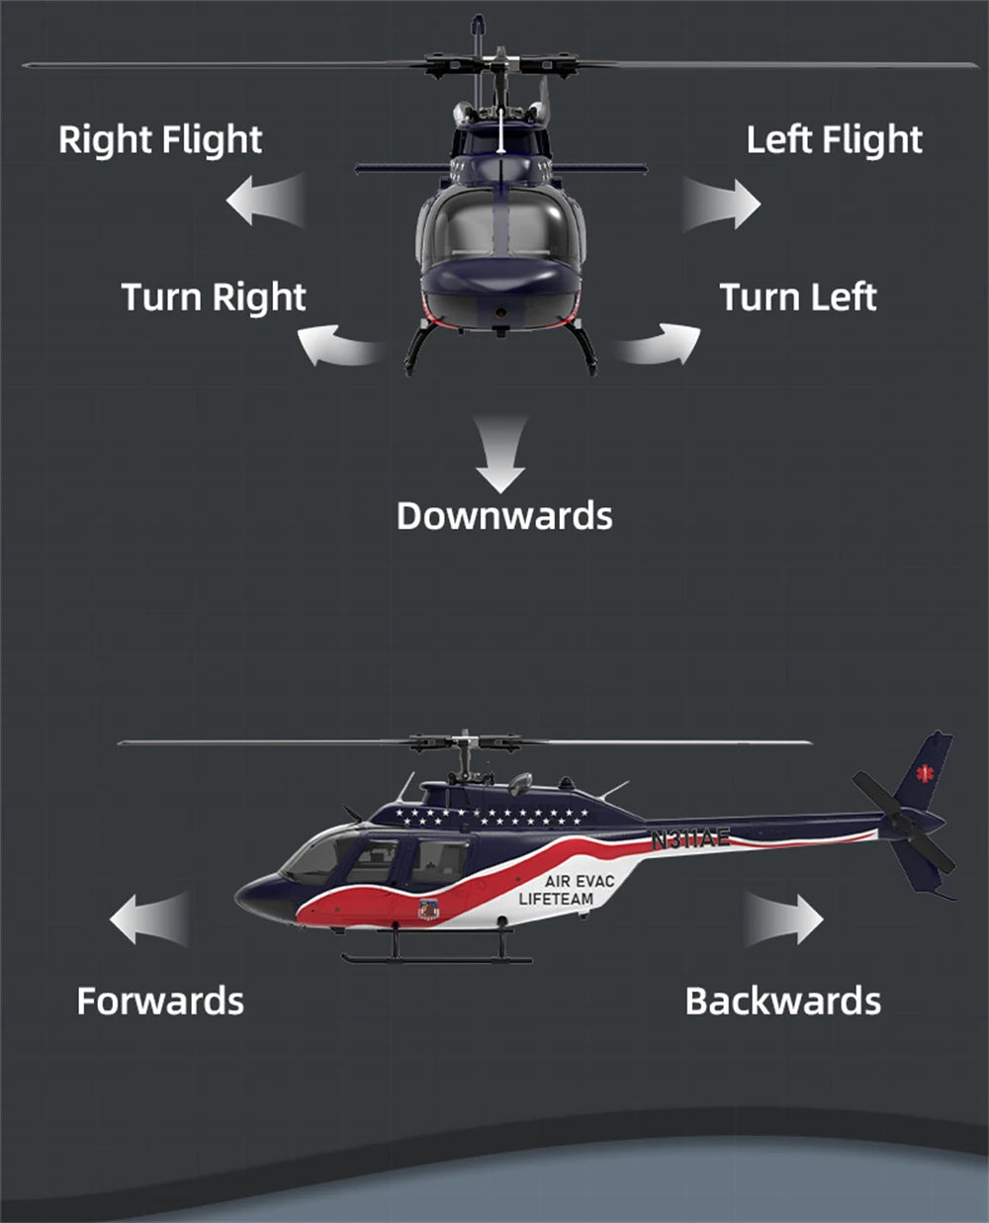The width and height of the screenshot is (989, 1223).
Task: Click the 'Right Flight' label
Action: coord(160,139)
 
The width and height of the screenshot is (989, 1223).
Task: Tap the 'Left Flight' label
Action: coord(834,139)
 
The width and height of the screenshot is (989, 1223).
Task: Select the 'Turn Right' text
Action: coord(214,297)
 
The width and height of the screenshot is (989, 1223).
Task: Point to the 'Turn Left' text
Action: coord(797,297)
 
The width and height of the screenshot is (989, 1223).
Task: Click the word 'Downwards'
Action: coord(504,515)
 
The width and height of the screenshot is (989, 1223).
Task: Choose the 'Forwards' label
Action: coord(160,1001)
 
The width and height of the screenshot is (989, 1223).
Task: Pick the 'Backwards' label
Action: coord(782,1001)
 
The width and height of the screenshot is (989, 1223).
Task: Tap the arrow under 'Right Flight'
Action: coord(265,201)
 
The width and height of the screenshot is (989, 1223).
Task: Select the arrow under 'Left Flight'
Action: coord(721,204)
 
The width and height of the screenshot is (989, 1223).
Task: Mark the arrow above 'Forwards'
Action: coord(148,918)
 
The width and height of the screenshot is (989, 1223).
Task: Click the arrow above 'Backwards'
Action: coord(783,919)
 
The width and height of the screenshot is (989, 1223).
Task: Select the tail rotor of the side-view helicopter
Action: coord(903,821)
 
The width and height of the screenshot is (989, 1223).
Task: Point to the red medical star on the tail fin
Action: coord(926,771)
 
